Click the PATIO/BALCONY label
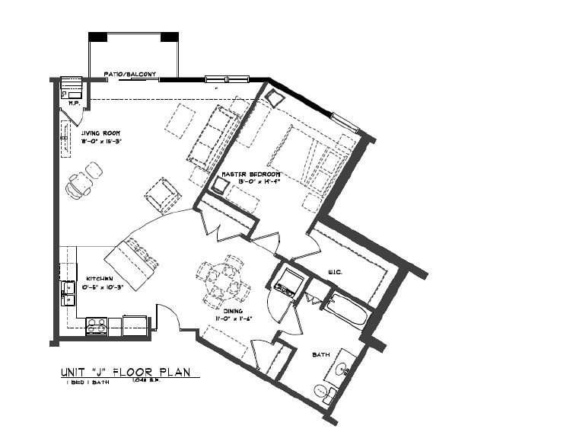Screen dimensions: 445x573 point(130,75)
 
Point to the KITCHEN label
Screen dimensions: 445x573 point(100,279)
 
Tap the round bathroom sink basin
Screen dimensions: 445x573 point(343,370)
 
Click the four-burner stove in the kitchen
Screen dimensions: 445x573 point(96,325)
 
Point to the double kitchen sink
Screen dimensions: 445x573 point(68,292)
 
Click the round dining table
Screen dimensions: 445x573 point(220,280)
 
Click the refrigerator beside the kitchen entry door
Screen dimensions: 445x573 point(136,324)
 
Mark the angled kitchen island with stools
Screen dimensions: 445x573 point(131,262)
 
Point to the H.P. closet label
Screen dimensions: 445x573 point(73,102)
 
